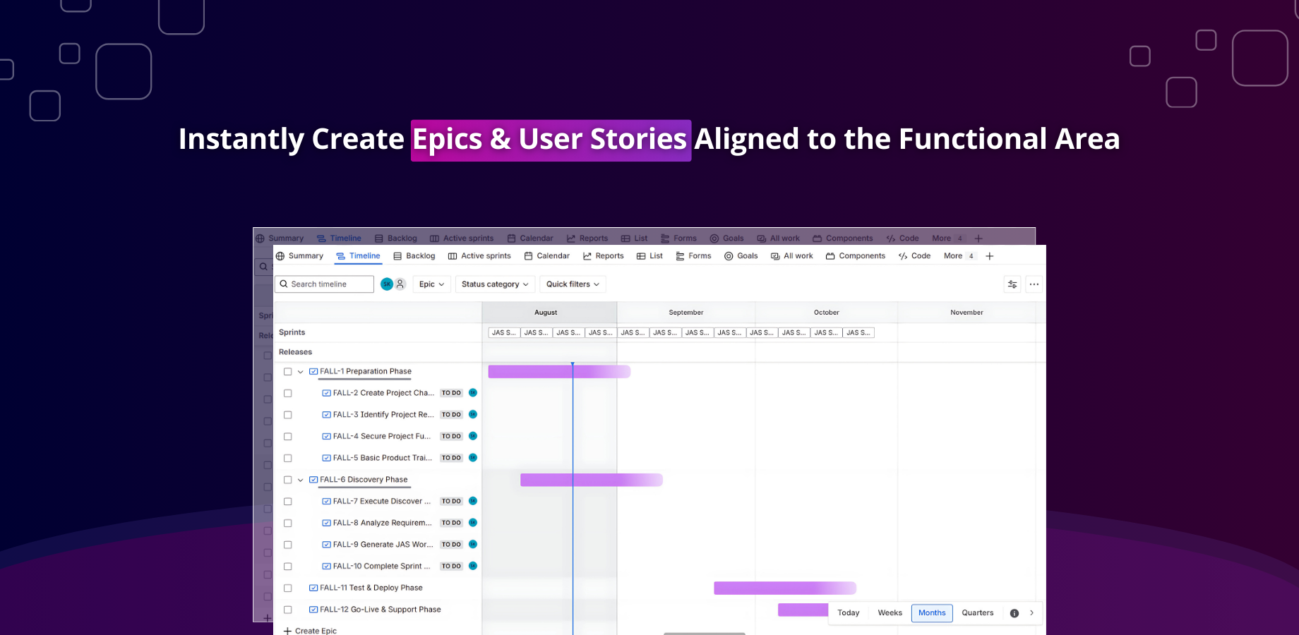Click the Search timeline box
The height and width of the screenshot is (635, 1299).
325,284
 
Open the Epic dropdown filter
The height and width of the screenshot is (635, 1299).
431,284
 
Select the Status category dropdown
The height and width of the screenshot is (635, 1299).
494,284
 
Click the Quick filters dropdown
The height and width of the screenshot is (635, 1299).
573,284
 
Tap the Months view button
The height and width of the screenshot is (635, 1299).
931,613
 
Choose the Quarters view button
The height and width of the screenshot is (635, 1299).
977,613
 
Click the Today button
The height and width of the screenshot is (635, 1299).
848,613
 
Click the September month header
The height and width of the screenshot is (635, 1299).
686,313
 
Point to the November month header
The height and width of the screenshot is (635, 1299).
966,313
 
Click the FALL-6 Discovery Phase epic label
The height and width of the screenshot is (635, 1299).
364,480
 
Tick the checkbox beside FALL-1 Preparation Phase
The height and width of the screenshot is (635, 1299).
287,372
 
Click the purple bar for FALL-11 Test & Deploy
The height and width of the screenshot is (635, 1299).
784,588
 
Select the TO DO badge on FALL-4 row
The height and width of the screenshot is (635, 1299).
451,437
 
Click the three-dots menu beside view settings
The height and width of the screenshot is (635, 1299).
1034,284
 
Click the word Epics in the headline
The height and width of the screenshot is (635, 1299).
447,139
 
